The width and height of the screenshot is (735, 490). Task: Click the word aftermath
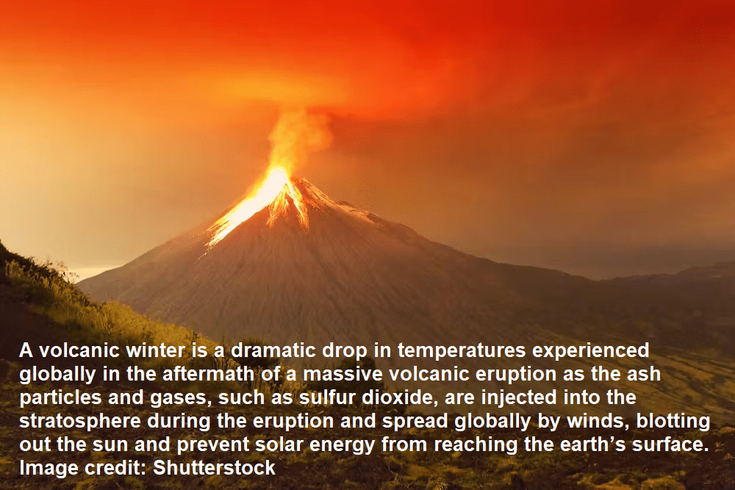208,374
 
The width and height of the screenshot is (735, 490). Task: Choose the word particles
60,397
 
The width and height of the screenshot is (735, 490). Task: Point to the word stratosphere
80,421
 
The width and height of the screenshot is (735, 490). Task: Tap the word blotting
673,421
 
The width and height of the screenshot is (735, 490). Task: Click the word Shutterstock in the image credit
214,468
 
